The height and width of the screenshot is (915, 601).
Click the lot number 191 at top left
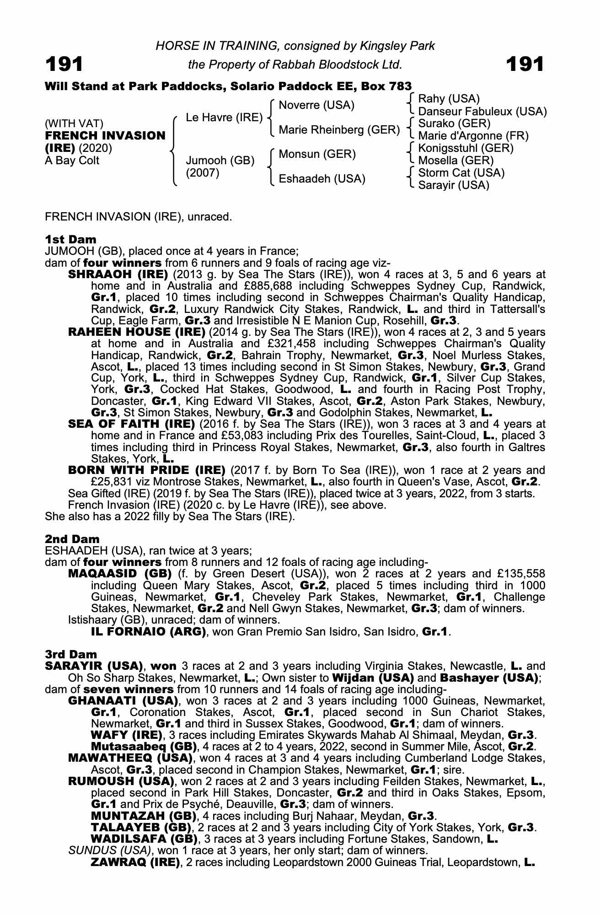(x=64, y=64)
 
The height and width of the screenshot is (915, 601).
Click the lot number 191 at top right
(x=525, y=64)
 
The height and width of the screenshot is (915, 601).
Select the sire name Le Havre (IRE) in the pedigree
(x=224, y=118)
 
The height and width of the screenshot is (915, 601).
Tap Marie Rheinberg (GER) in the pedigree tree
(x=339, y=130)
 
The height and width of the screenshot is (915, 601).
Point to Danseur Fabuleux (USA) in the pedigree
(x=483, y=111)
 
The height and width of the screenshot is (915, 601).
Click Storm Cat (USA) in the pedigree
(x=461, y=173)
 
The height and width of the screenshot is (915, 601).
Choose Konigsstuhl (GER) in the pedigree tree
(x=466, y=148)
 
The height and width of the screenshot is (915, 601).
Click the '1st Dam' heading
(x=70, y=239)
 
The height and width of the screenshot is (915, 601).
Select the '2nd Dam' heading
(x=72, y=539)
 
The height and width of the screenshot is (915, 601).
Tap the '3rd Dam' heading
(x=71, y=655)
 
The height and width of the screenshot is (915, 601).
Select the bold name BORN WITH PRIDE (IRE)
(x=146, y=470)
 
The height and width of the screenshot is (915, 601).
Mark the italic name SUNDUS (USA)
(x=109, y=850)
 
